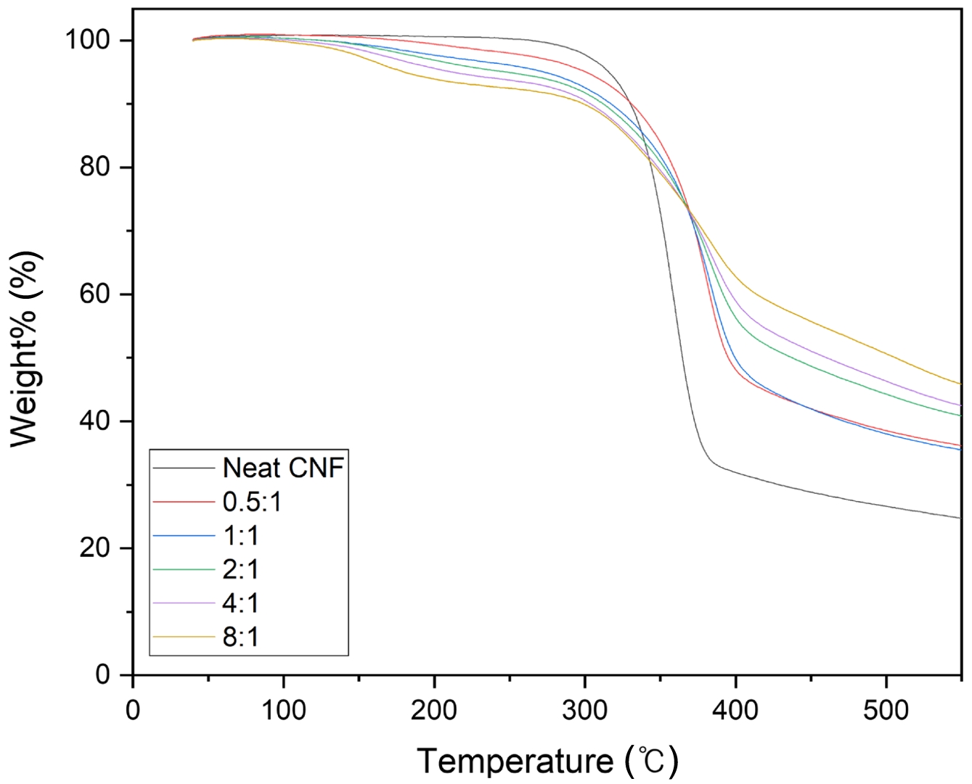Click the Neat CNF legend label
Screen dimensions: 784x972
[x=282, y=468]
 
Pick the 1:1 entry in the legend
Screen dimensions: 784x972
[x=240, y=536]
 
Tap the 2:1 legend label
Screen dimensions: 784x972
[x=240, y=569]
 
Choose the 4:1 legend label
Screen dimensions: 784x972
[x=240, y=603]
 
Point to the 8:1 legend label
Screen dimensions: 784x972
[x=240, y=637]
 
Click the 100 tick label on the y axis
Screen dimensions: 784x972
[x=89, y=40]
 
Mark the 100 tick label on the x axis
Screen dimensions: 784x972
[x=283, y=709]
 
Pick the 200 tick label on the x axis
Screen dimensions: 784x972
[x=434, y=709]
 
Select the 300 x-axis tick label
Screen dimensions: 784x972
[x=585, y=709]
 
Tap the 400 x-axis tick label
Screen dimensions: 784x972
[x=735, y=709]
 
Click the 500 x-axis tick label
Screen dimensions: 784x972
[x=886, y=709]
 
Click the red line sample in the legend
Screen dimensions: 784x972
[x=184, y=502]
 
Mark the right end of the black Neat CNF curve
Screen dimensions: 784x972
[x=960, y=518]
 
